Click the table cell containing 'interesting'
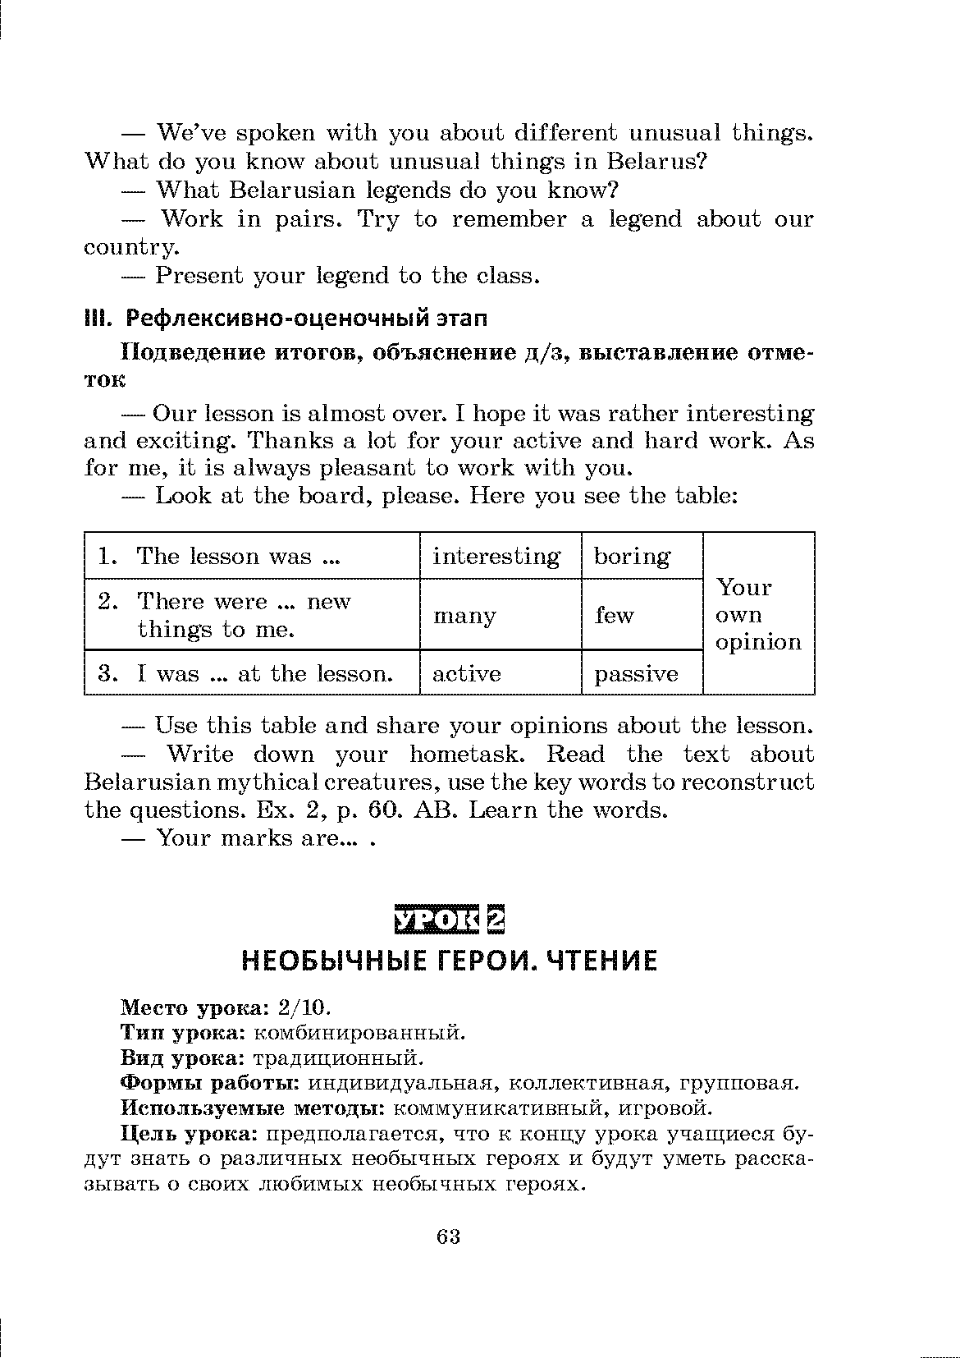(497, 557)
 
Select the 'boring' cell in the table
(632, 557)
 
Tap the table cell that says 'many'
(464, 616)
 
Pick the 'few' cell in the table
(615, 615)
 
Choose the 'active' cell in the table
(466, 674)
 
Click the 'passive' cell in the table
(637, 675)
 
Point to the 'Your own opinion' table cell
(758, 614)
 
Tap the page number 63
(448, 1237)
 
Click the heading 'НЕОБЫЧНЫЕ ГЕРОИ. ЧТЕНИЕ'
(449, 961)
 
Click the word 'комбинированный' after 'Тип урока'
(359, 1032)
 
